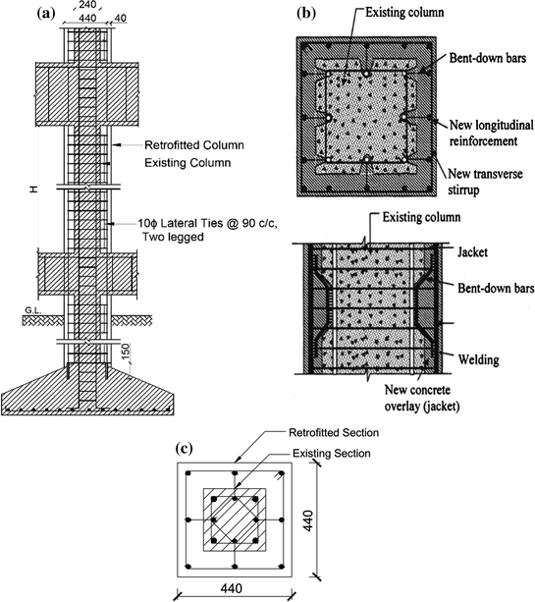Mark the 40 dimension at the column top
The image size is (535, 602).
click(120, 18)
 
